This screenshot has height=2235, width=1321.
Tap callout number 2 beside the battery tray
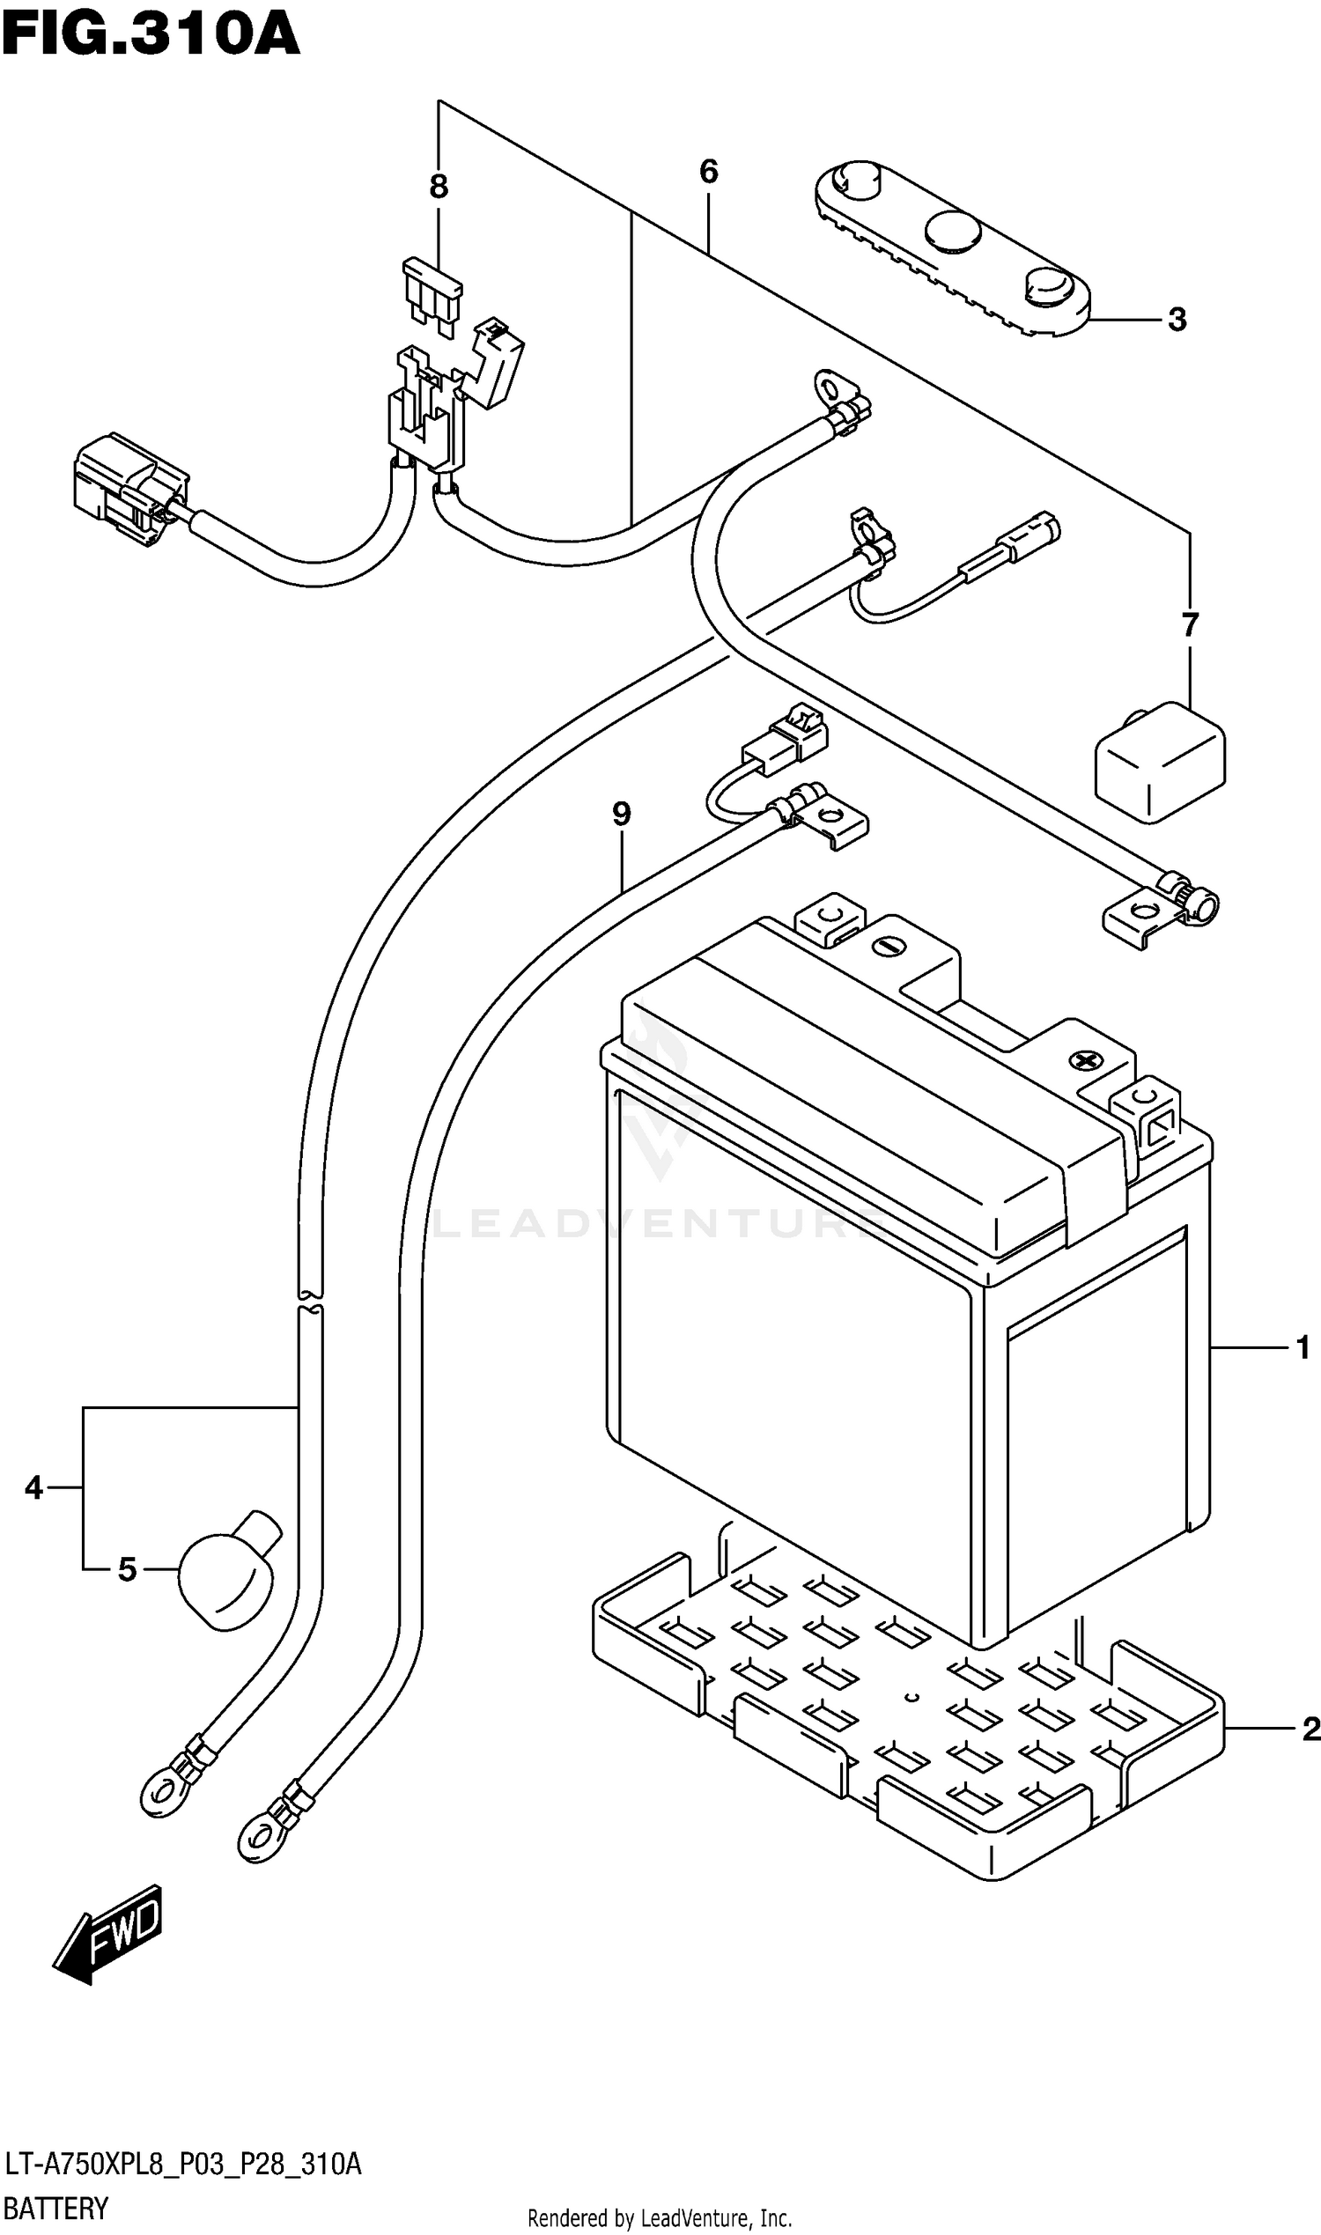[1310, 1729]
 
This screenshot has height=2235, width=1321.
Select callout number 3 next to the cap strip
[1177, 320]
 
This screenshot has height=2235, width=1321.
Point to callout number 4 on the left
[33, 1487]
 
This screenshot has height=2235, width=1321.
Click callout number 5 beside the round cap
[128, 1569]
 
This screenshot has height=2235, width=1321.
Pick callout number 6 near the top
[709, 171]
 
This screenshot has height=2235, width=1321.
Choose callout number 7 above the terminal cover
[1190, 625]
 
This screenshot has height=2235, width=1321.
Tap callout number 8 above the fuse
[438, 187]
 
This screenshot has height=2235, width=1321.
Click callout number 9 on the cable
[622, 814]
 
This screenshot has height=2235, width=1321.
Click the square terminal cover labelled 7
[1160, 762]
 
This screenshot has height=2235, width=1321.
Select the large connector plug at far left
[130, 489]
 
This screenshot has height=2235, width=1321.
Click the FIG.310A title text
[150, 35]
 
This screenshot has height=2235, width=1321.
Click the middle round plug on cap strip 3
[953, 230]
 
